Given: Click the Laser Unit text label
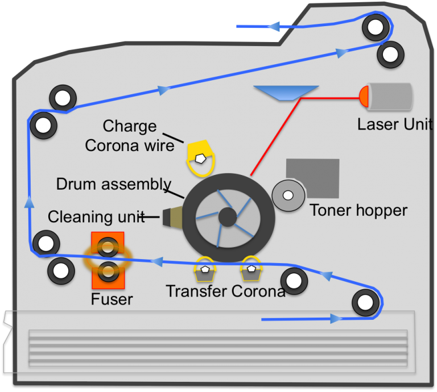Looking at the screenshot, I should [394, 124].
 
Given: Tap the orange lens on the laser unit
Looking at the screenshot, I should [364, 97].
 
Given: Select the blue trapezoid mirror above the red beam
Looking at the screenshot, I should [286, 93].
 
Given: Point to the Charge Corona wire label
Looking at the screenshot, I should [129, 136].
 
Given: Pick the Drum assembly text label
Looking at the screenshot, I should [114, 184].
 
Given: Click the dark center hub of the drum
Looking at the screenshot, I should [227, 217].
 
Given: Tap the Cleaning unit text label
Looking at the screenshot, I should [95, 216].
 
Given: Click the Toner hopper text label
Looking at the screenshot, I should [358, 210].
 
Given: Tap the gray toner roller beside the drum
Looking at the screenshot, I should [288, 195].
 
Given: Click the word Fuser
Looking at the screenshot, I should [112, 299].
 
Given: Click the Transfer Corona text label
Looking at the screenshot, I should [225, 291].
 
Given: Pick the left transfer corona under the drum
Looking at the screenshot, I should [205, 270].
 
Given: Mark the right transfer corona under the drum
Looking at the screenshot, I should [251, 269].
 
